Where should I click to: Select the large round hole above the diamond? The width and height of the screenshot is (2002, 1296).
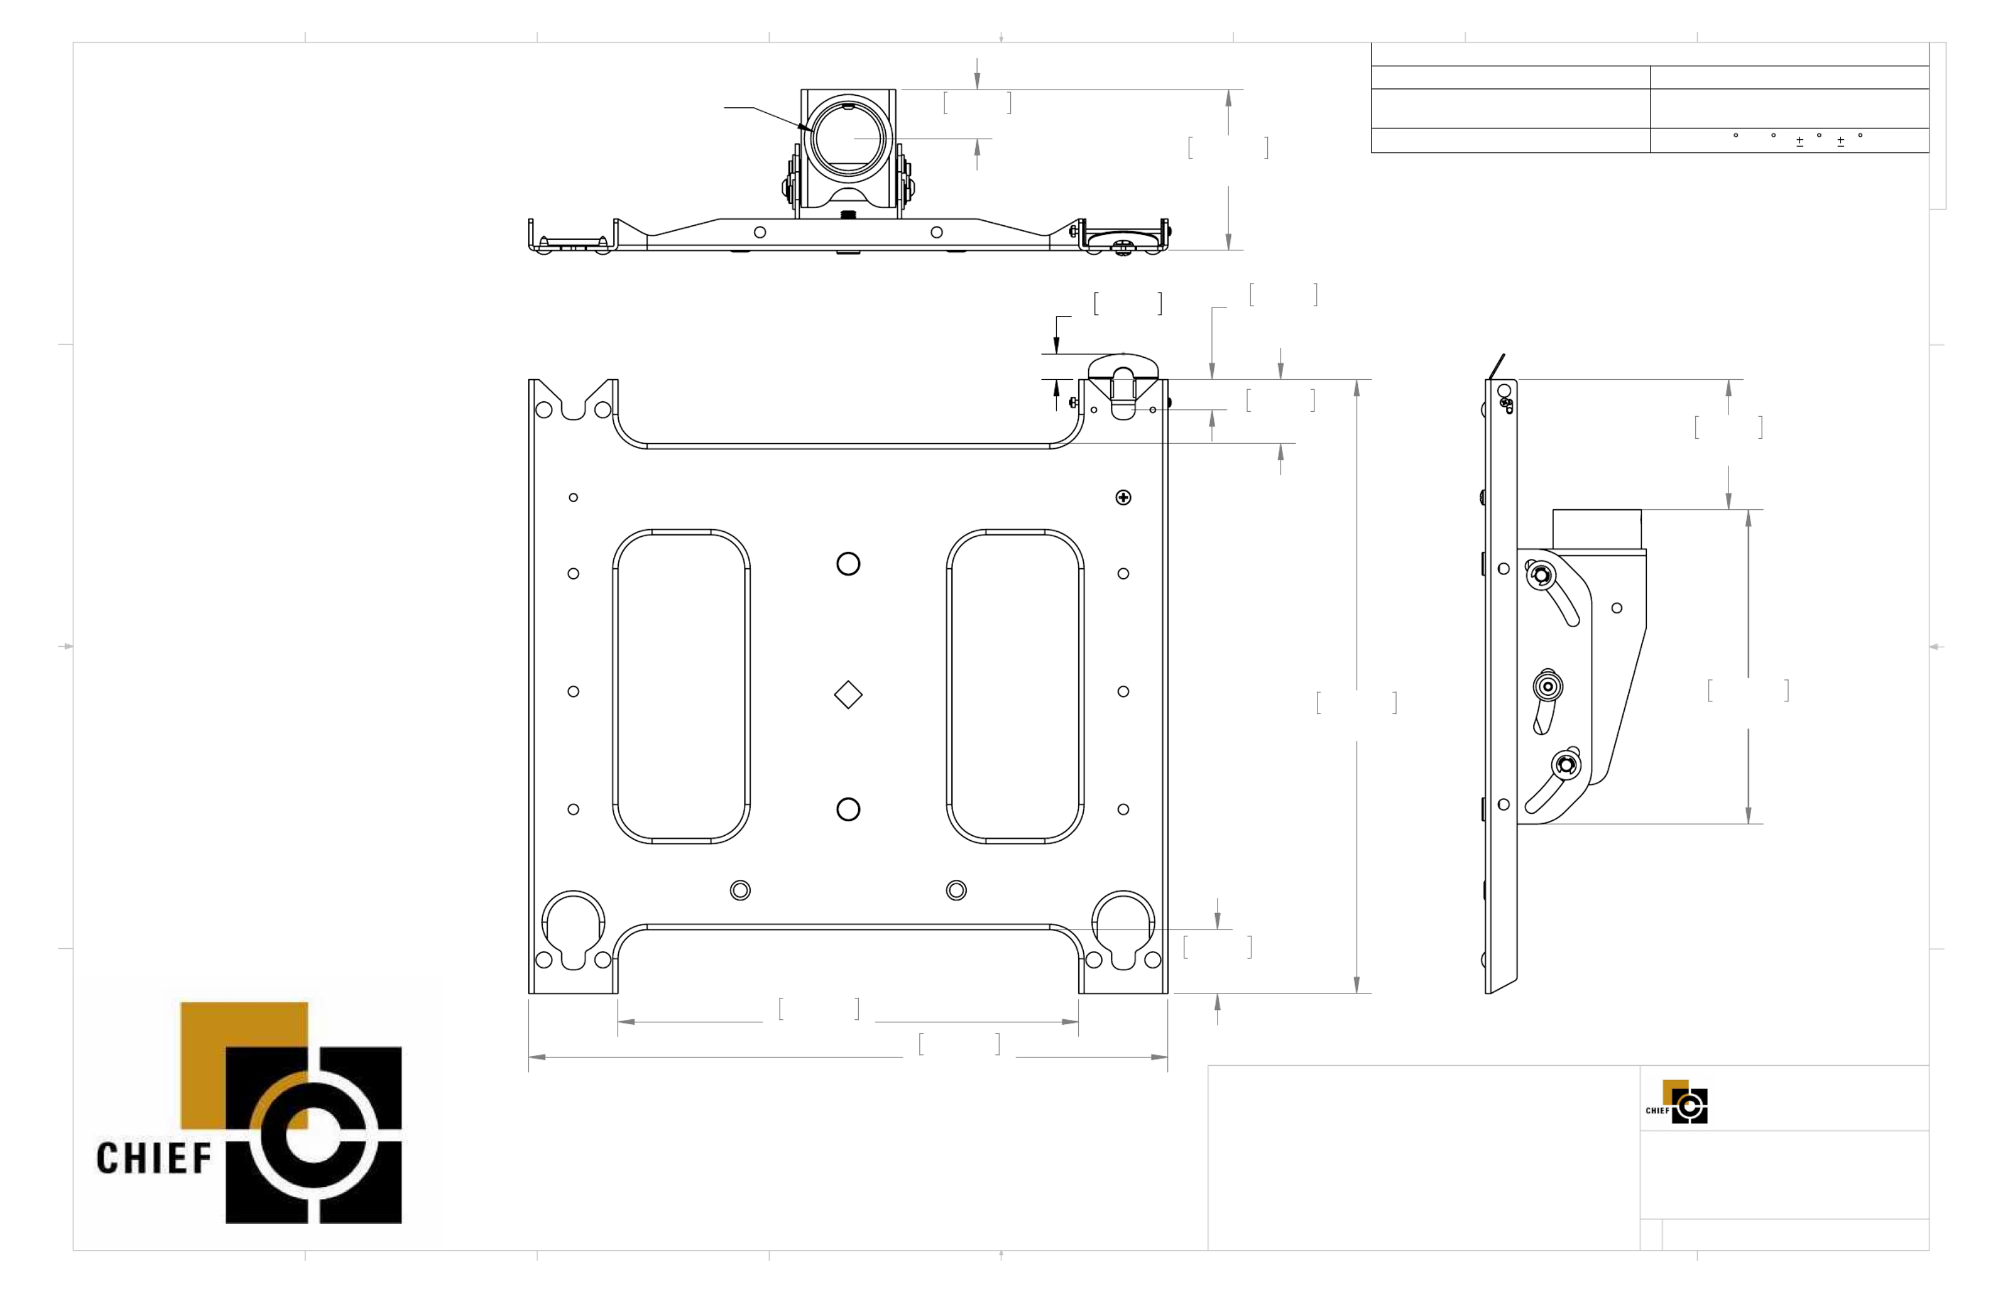(x=848, y=564)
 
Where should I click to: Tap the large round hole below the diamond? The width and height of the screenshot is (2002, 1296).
(x=848, y=809)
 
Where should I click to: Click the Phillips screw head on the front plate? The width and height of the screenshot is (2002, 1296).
(x=1123, y=498)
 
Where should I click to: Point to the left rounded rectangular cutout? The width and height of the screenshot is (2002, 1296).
(x=681, y=686)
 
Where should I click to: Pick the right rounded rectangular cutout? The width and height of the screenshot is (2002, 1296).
(x=1015, y=686)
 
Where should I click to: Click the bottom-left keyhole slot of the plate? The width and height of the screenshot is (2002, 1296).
(x=573, y=929)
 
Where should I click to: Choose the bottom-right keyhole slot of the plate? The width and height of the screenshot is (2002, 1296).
(x=1123, y=929)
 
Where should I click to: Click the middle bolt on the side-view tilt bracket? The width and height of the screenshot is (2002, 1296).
(x=1548, y=687)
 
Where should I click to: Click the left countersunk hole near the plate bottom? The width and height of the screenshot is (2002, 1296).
(x=740, y=890)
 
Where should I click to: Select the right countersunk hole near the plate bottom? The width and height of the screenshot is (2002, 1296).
(x=956, y=890)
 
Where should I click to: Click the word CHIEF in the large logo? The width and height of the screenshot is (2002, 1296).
(x=154, y=1158)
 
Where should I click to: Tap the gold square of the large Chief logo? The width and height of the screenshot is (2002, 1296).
(x=244, y=1065)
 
